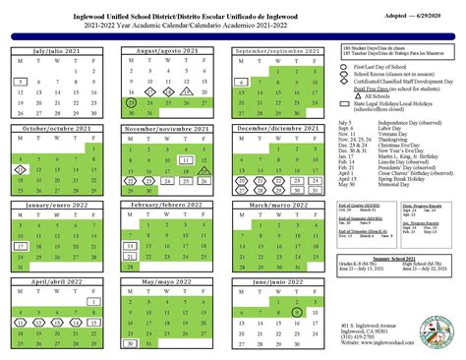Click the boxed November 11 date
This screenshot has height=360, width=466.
187,157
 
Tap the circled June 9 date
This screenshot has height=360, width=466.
296,312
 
